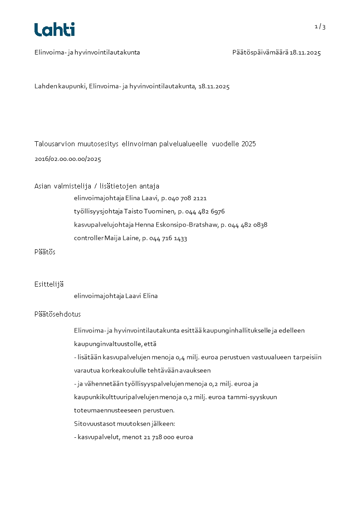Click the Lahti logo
click(x=54, y=30)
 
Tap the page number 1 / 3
click(x=320, y=27)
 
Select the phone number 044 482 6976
click(x=205, y=212)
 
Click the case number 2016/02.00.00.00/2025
click(x=68, y=159)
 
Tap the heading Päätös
click(x=45, y=252)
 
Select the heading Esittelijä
click(x=49, y=284)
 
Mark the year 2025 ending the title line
click(x=249, y=144)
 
